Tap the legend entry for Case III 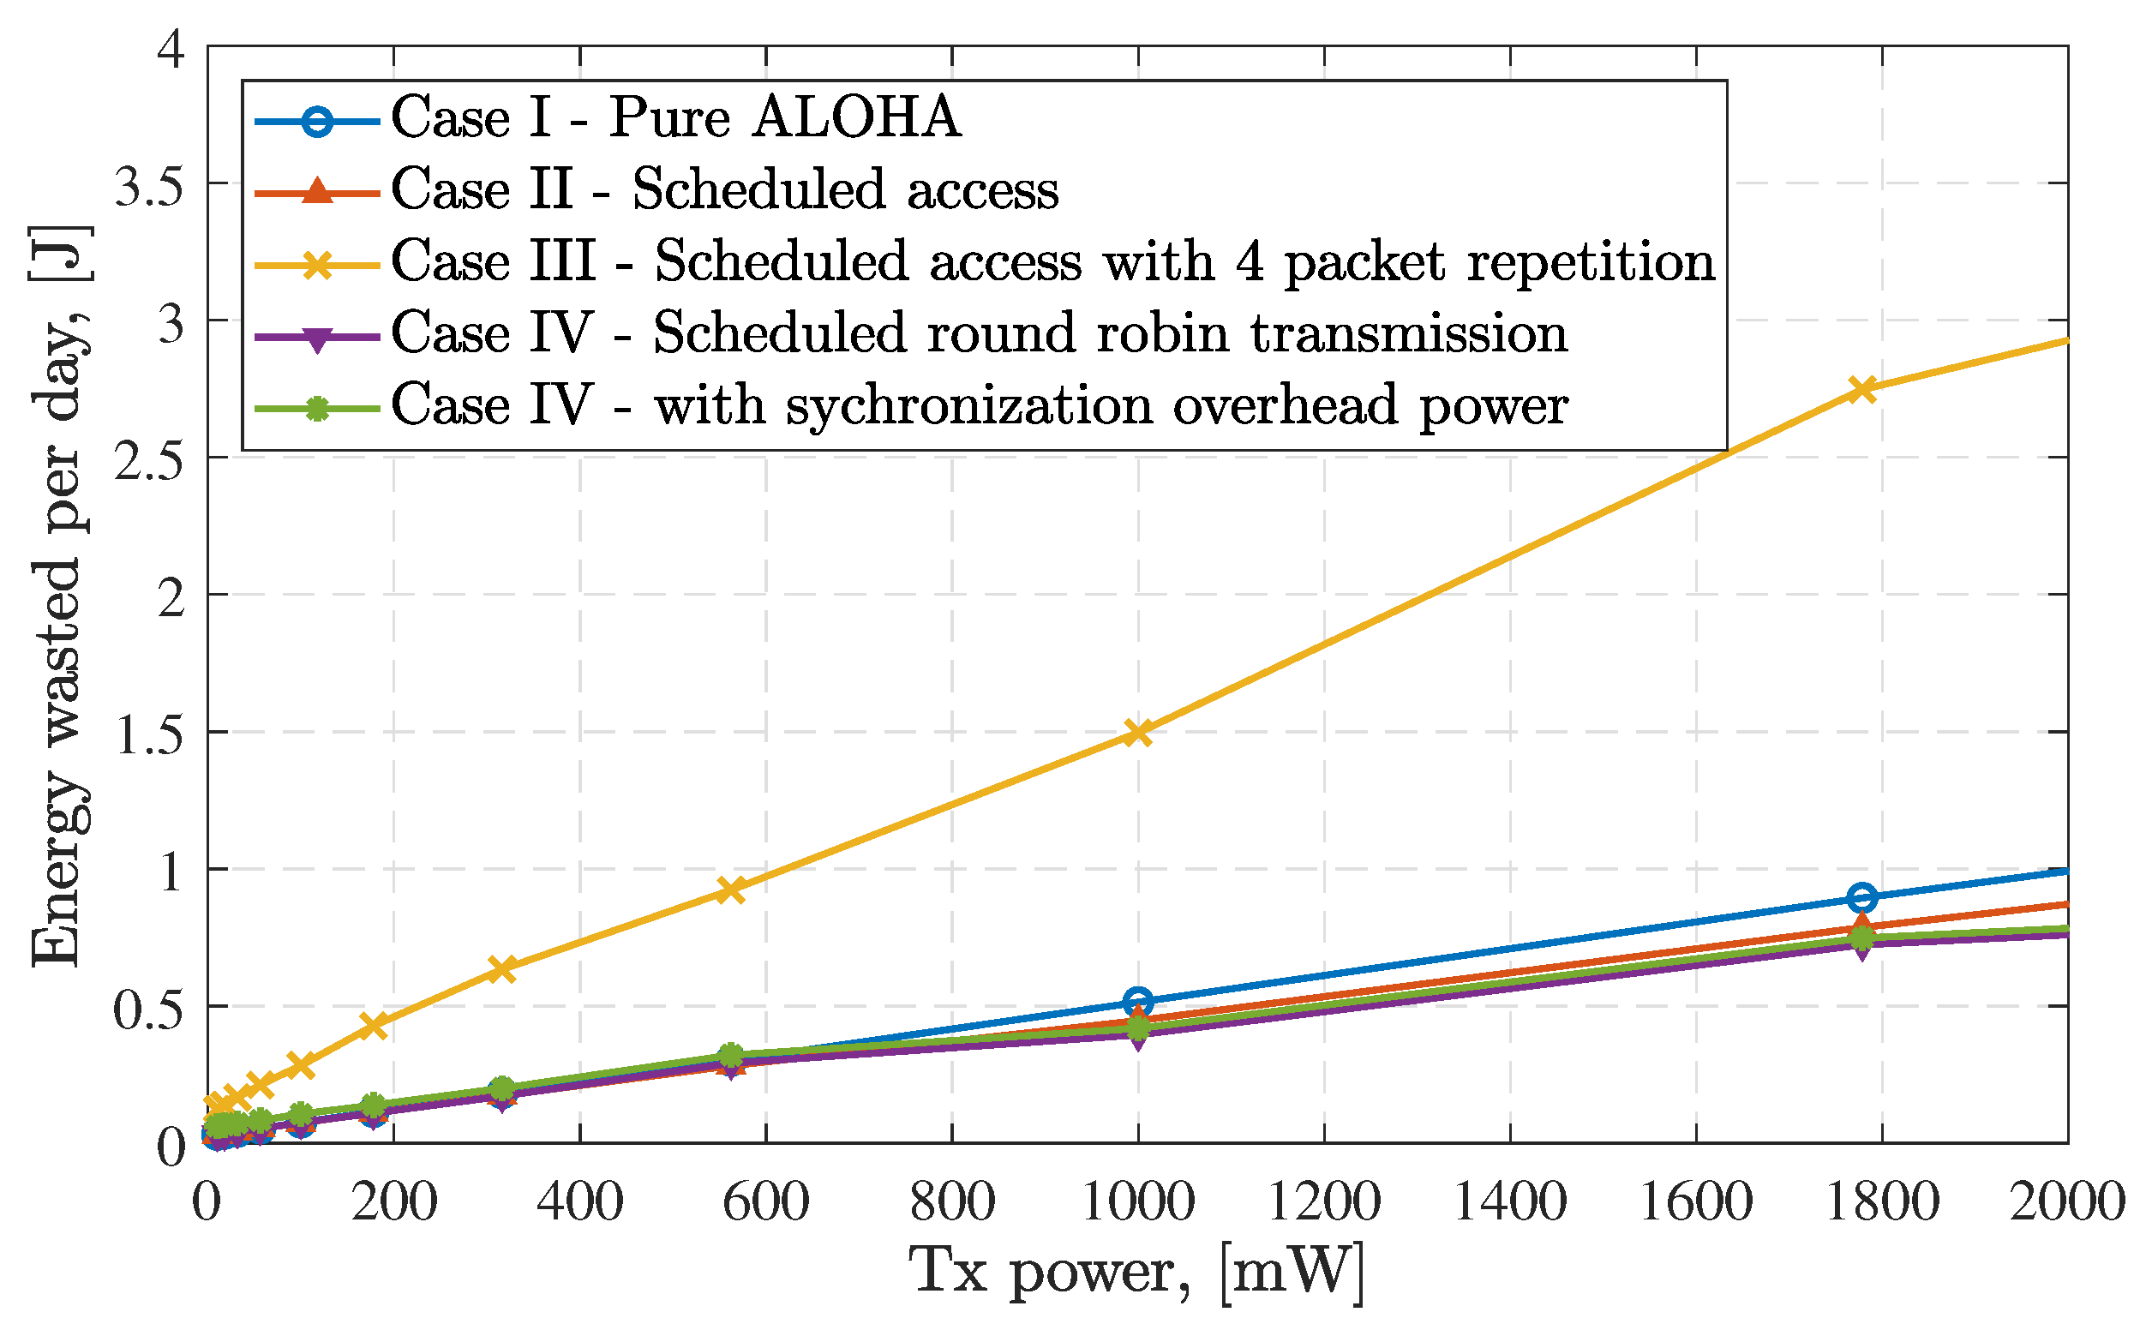tap(1052, 261)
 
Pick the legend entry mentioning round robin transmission tap(978, 332)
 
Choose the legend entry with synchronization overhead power tap(978, 404)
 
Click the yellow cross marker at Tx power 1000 tap(1137, 732)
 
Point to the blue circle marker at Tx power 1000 tap(1137, 1001)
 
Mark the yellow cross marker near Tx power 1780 tap(1862, 389)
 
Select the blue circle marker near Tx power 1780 tap(1862, 897)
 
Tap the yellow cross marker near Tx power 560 tap(730, 890)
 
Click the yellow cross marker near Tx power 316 tap(501, 968)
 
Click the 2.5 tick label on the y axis tap(151, 458)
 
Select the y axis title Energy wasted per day tap(59, 596)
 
